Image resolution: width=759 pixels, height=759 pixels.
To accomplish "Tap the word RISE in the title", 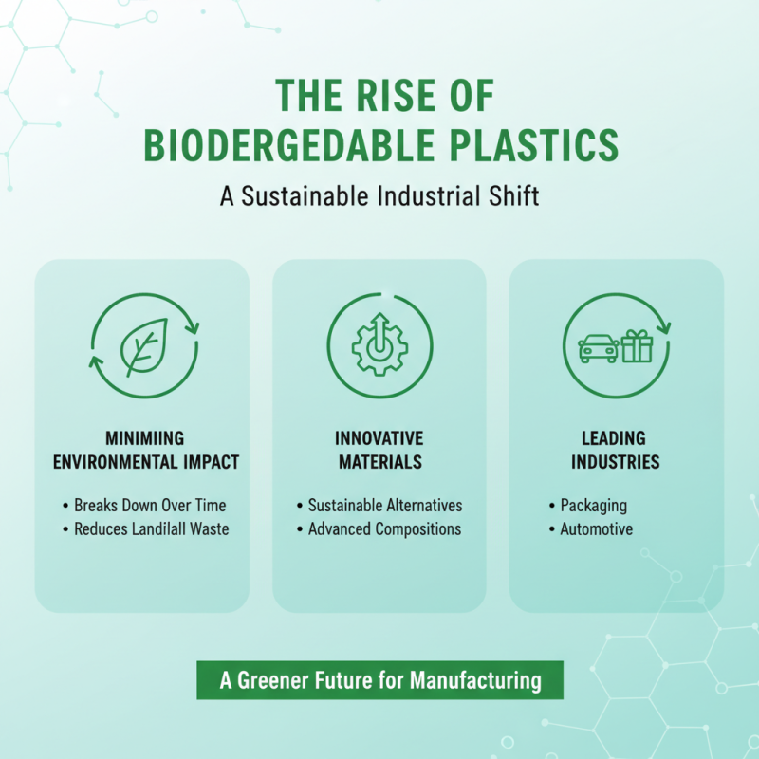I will click(x=413, y=97).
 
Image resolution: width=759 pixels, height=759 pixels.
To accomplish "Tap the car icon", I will click(x=598, y=346).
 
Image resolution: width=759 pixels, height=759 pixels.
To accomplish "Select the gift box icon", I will click(x=637, y=345).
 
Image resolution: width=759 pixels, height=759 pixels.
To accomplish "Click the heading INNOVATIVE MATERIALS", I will click(x=379, y=451).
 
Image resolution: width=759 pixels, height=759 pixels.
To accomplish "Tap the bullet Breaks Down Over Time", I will click(x=150, y=505).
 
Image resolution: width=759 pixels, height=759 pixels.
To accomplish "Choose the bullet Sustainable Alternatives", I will click(x=385, y=505).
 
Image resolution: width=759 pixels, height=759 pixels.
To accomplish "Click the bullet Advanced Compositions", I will click(x=385, y=528).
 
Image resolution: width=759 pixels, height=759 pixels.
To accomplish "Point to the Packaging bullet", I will click(x=593, y=506).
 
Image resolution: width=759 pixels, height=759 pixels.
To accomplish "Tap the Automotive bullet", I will click(x=596, y=529).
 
